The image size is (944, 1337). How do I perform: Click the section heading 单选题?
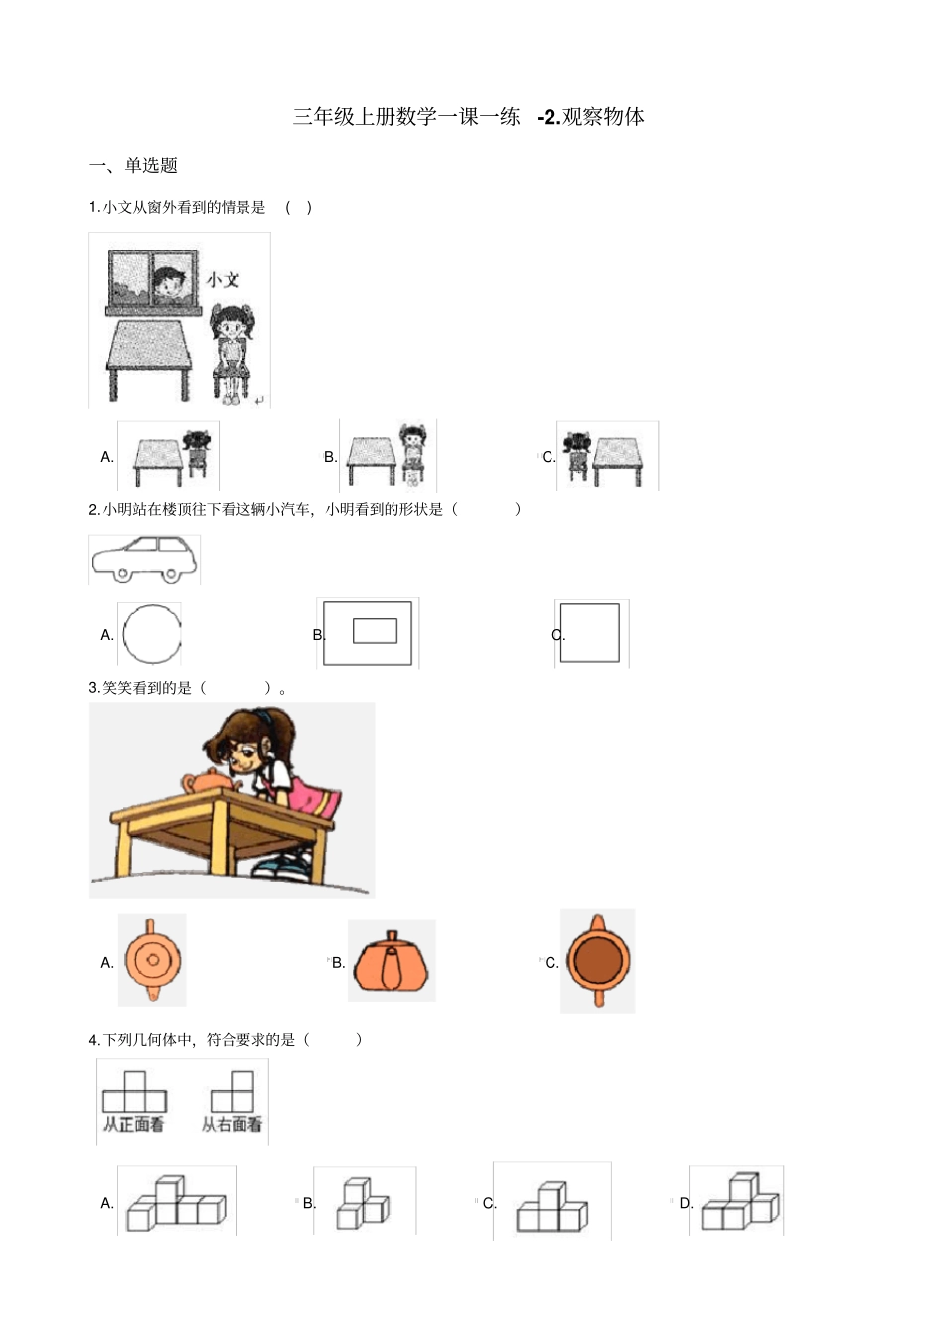tap(150, 166)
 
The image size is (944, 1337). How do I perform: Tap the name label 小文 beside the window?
tap(223, 280)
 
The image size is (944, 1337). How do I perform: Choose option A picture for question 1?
tap(169, 457)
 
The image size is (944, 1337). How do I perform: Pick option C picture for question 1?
tap(607, 456)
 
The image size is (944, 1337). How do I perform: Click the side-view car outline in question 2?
tap(143, 560)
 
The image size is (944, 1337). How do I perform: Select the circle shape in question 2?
tap(152, 634)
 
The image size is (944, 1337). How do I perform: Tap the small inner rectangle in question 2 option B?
tap(375, 630)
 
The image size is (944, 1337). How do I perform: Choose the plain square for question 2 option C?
tap(590, 633)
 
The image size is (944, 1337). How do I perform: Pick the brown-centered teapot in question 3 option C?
tap(598, 960)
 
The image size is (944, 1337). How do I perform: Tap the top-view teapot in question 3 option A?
tap(152, 960)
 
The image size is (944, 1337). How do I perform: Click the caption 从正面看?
tap(134, 1125)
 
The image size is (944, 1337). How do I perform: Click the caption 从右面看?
tap(233, 1125)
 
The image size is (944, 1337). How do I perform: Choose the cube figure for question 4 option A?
tap(177, 1203)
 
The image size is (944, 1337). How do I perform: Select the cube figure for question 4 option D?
tap(739, 1202)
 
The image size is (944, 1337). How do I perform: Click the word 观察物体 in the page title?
tap(603, 117)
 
